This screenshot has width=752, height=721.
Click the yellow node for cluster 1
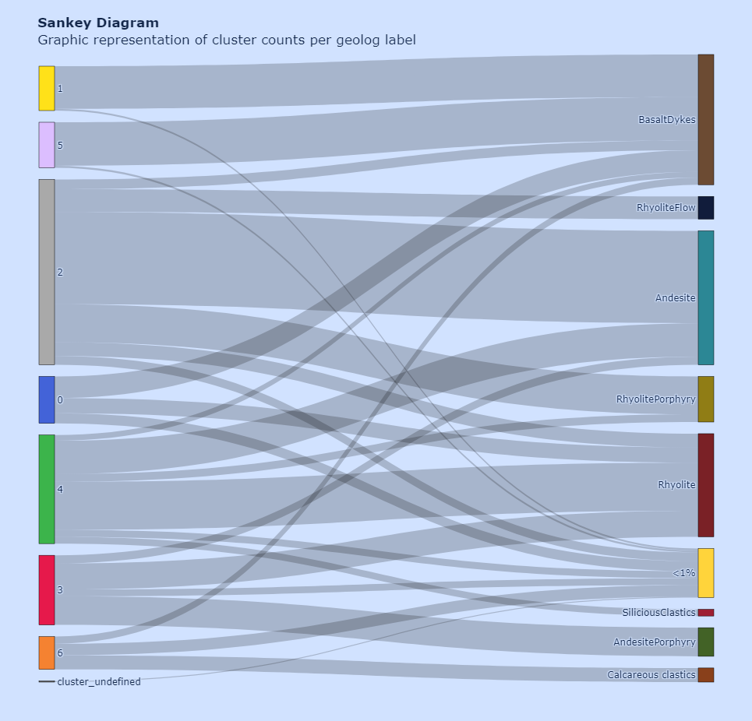(x=47, y=88)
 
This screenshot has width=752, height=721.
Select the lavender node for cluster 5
(x=47, y=145)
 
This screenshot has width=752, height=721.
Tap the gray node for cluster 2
(x=47, y=272)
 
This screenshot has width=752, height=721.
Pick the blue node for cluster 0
(x=47, y=399)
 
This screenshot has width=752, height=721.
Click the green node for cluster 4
(x=47, y=489)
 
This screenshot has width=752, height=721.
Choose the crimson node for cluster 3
(x=47, y=589)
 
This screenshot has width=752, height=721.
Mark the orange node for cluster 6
(x=47, y=652)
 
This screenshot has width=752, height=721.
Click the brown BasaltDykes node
(x=705, y=119)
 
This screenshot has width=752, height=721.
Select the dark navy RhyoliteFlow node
(x=705, y=208)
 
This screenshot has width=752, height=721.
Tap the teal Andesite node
(x=705, y=297)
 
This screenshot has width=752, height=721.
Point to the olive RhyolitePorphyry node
(x=705, y=399)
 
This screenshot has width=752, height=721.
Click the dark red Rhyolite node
(x=705, y=484)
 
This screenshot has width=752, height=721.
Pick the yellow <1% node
(x=705, y=572)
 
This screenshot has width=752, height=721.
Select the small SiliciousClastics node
(x=705, y=613)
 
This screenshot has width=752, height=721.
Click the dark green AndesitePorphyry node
(x=705, y=642)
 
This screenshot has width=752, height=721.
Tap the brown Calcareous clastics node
(x=705, y=674)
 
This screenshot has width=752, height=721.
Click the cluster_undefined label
(x=99, y=682)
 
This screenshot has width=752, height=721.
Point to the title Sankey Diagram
(x=98, y=23)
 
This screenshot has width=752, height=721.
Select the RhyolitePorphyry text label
(x=655, y=399)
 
